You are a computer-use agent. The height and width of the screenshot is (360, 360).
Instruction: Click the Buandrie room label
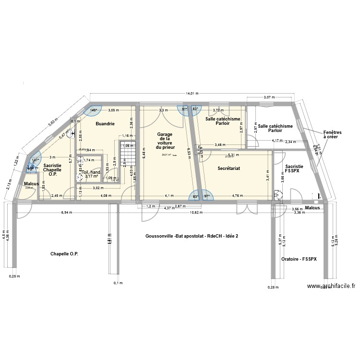(x=105, y=124)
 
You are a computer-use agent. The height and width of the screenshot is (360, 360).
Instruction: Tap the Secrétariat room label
(x=228, y=168)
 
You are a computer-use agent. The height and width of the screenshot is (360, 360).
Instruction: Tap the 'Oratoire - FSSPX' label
(x=299, y=259)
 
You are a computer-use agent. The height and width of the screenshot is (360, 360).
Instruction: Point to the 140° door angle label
(x=93, y=110)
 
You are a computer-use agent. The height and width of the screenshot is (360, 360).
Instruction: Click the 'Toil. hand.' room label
(x=91, y=172)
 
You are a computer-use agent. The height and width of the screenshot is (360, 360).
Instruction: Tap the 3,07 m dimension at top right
(x=269, y=97)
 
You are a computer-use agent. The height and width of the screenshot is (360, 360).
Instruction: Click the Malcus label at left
(x=31, y=184)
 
